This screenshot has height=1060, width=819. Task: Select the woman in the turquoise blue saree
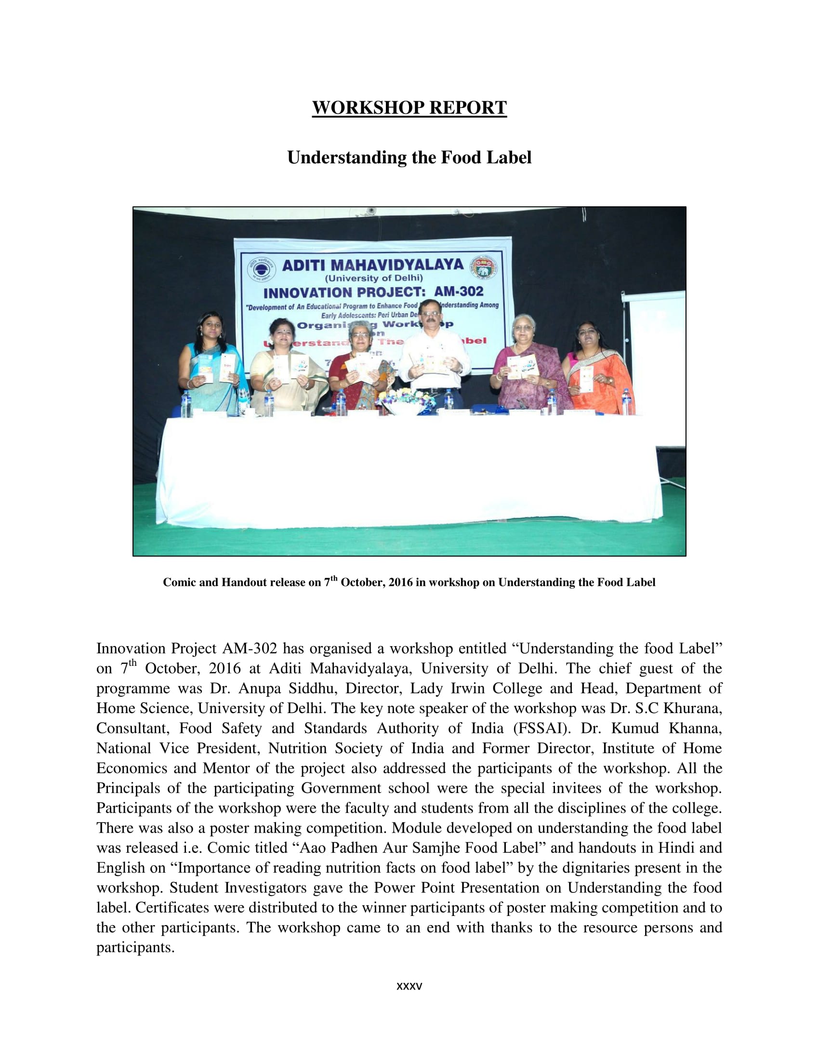pyautogui.click(x=210, y=364)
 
